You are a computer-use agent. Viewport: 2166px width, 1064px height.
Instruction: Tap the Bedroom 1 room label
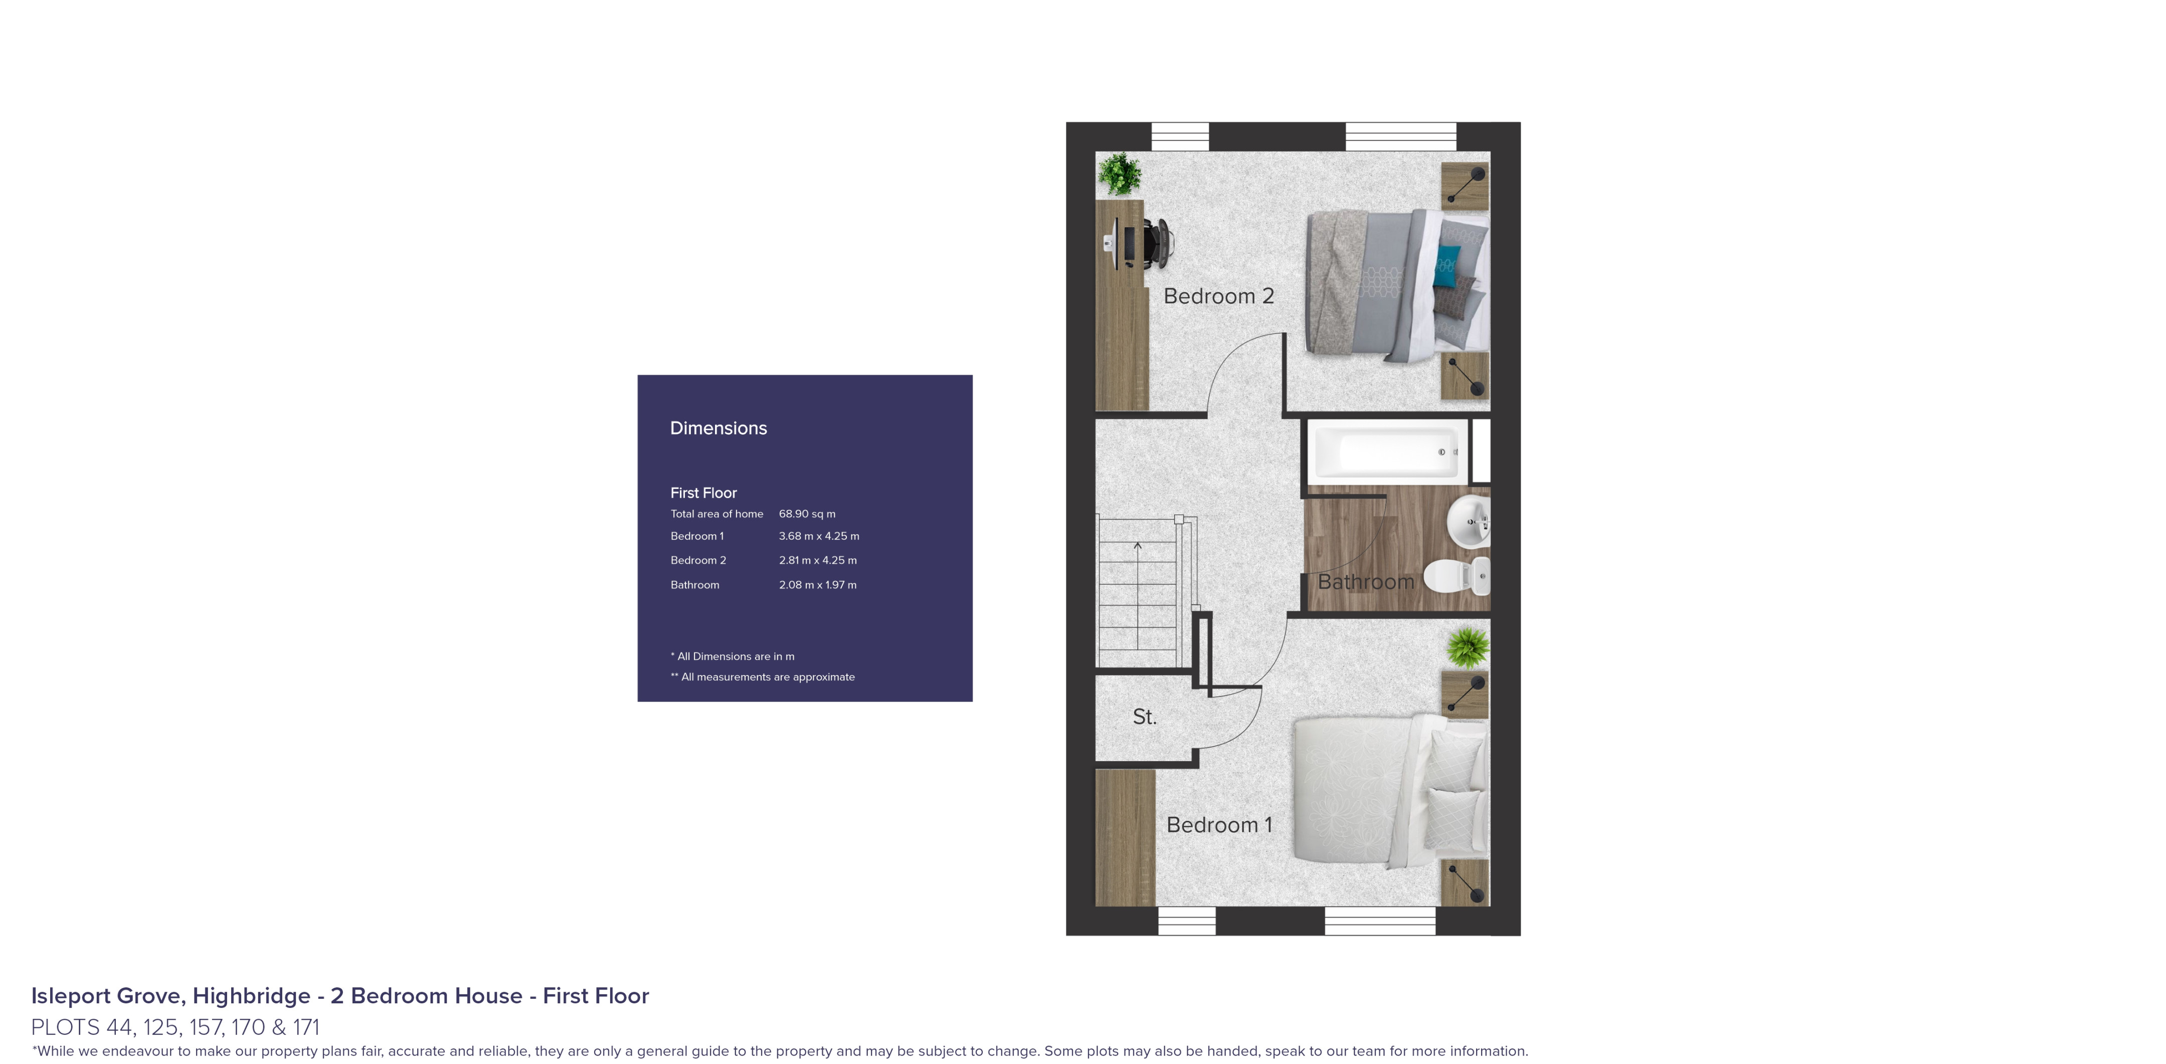[1218, 825]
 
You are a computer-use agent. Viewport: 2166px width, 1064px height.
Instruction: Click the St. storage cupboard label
[1144, 717]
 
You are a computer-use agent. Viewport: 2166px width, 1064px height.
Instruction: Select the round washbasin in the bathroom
[1468, 521]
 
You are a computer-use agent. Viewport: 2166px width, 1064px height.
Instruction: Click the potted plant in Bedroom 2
[1119, 174]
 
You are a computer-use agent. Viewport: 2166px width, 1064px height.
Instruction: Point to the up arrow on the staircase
[1138, 547]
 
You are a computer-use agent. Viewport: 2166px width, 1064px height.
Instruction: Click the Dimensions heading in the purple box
[718, 428]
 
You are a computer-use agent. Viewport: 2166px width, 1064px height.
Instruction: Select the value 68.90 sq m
[806, 514]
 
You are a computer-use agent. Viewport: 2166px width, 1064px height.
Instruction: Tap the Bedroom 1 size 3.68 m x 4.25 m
[818, 536]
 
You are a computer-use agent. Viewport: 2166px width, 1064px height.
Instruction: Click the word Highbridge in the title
[251, 996]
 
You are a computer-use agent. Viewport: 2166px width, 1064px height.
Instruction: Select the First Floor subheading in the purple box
[703, 493]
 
